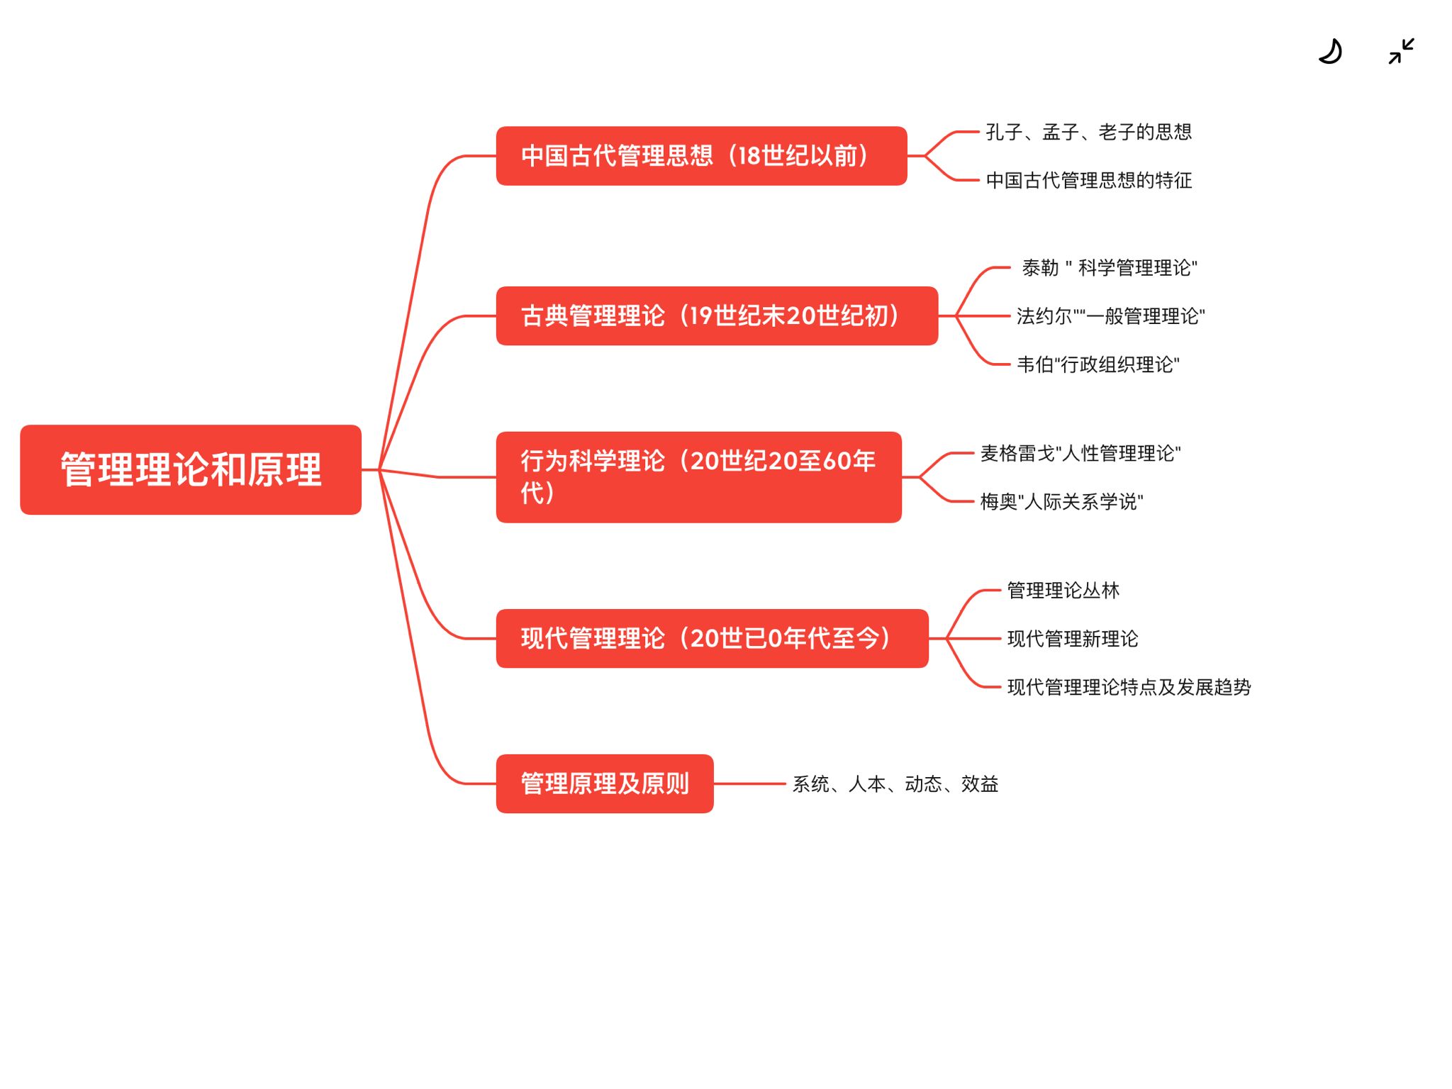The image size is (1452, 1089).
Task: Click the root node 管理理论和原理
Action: (x=191, y=469)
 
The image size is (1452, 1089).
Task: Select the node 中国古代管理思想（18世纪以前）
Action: (x=701, y=156)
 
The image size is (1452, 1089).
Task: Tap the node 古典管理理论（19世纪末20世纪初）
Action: (x=717, y=315)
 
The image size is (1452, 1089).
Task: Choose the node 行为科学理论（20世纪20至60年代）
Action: (x=698, y=477)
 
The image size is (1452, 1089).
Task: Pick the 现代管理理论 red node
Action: (x=712, y=638)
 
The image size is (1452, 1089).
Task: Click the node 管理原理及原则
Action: (x=605, y=783)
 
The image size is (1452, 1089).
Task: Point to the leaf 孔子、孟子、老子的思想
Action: (x=1088, y=132)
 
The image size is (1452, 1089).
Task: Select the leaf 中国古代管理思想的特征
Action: (x=1088, y=180)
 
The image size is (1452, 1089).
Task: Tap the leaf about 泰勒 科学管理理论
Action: (x=1109, y=268)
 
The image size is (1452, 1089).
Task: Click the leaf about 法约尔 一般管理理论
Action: (x=1110, y=316)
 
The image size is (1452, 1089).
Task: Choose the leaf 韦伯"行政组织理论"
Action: (x=1098, y=364)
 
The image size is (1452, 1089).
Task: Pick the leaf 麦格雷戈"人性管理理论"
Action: (x=1080, y=453)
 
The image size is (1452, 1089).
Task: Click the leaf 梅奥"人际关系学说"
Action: (x=1061, y=502)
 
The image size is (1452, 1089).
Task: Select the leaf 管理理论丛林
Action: (x=1063, y=590)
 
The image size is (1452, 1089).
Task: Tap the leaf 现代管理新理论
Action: (x=1072, y=639)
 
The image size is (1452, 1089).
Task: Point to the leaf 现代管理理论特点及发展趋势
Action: (x=1129, y=687)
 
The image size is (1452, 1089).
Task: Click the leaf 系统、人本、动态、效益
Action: (x=895, y=784)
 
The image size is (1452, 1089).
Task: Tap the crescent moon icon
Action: (x=1331, y=52)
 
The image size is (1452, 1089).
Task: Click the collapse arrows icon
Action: (x=1401, y=52)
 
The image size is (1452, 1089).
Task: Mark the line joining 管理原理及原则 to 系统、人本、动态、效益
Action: (x=749, y=783)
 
